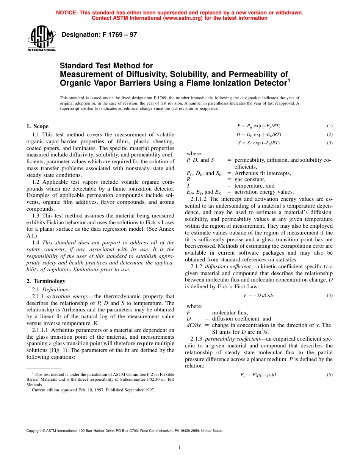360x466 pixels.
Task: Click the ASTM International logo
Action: pos(42,39)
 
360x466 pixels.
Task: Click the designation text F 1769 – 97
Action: pos(99,35)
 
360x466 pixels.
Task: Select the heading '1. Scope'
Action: pos(37,126)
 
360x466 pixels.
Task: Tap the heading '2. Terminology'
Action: pos(46,281)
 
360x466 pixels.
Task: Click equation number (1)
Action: pos(329,126)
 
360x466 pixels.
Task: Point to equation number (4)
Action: pos(329,296)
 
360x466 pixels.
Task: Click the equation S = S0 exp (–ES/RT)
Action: pos(258,143)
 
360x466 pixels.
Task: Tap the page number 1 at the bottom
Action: pos(180,447)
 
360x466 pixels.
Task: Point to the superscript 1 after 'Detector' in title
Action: pos(288,80)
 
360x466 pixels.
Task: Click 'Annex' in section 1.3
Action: pos(166,229)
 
